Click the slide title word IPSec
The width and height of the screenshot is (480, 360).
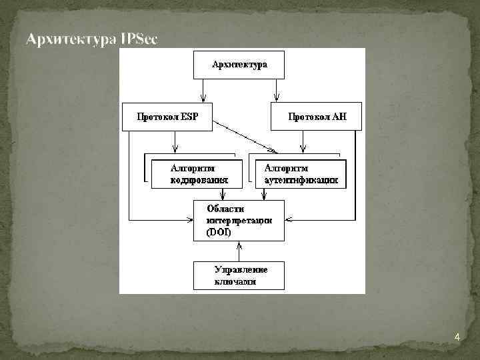pyautogui.click(x=139, y=40)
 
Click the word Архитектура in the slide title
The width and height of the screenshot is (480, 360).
pyautogui.click(x=72, y=40)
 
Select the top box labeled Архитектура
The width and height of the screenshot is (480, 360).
pyautogui.click(x=239, y=65)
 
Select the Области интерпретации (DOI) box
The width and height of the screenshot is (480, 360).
pyautogui.click(x=239, y=220)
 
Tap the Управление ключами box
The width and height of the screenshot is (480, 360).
pyautogui.click(x=239, y=275)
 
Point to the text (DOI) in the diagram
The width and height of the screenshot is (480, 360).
pyautogui.click(x=219, y=233)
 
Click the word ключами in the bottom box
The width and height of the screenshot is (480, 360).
pyautogui.click(x=235, y=282)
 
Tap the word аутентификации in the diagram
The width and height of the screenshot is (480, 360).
pyautogui.click(x=301, y=180)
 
